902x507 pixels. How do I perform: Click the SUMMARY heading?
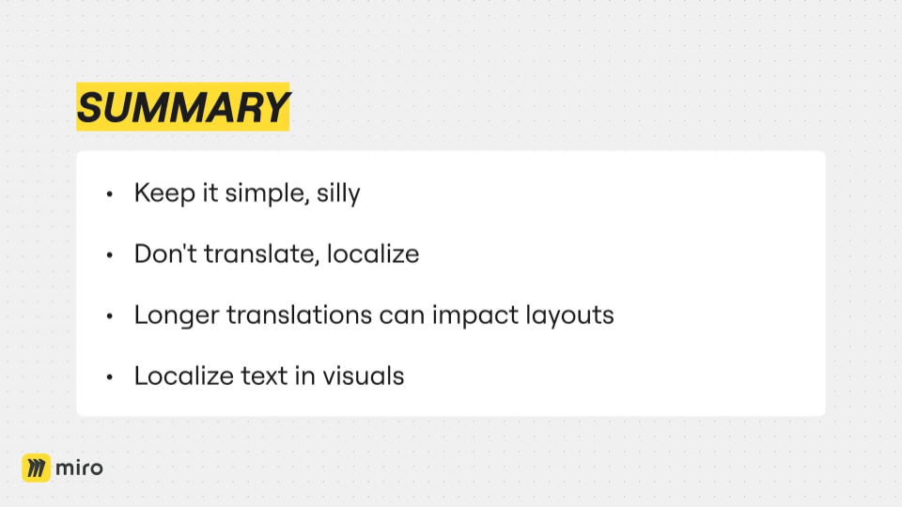click(x=182, y=107)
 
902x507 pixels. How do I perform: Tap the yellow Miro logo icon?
click(x=37, y=468)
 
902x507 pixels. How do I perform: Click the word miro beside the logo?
click(x=79, y=468)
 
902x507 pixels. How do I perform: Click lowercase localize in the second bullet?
click(x=373, y=253)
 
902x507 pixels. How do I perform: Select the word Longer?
click(x=177, y=315)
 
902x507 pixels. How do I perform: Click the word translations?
click(x=299, y=315)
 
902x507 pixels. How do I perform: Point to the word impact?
click(x=475, y=315)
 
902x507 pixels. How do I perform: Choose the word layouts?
click(x=569, y=315)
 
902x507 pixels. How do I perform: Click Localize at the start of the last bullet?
click(x=183, y=376)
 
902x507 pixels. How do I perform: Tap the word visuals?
click(x=363, y=376)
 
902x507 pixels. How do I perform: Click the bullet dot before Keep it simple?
click(x=109, y=194)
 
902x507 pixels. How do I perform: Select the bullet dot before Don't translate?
click(x=109, y=255)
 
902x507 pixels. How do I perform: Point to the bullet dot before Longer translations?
click(x=109, y=316)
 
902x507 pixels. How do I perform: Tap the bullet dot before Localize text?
click(x=109, y=377)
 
